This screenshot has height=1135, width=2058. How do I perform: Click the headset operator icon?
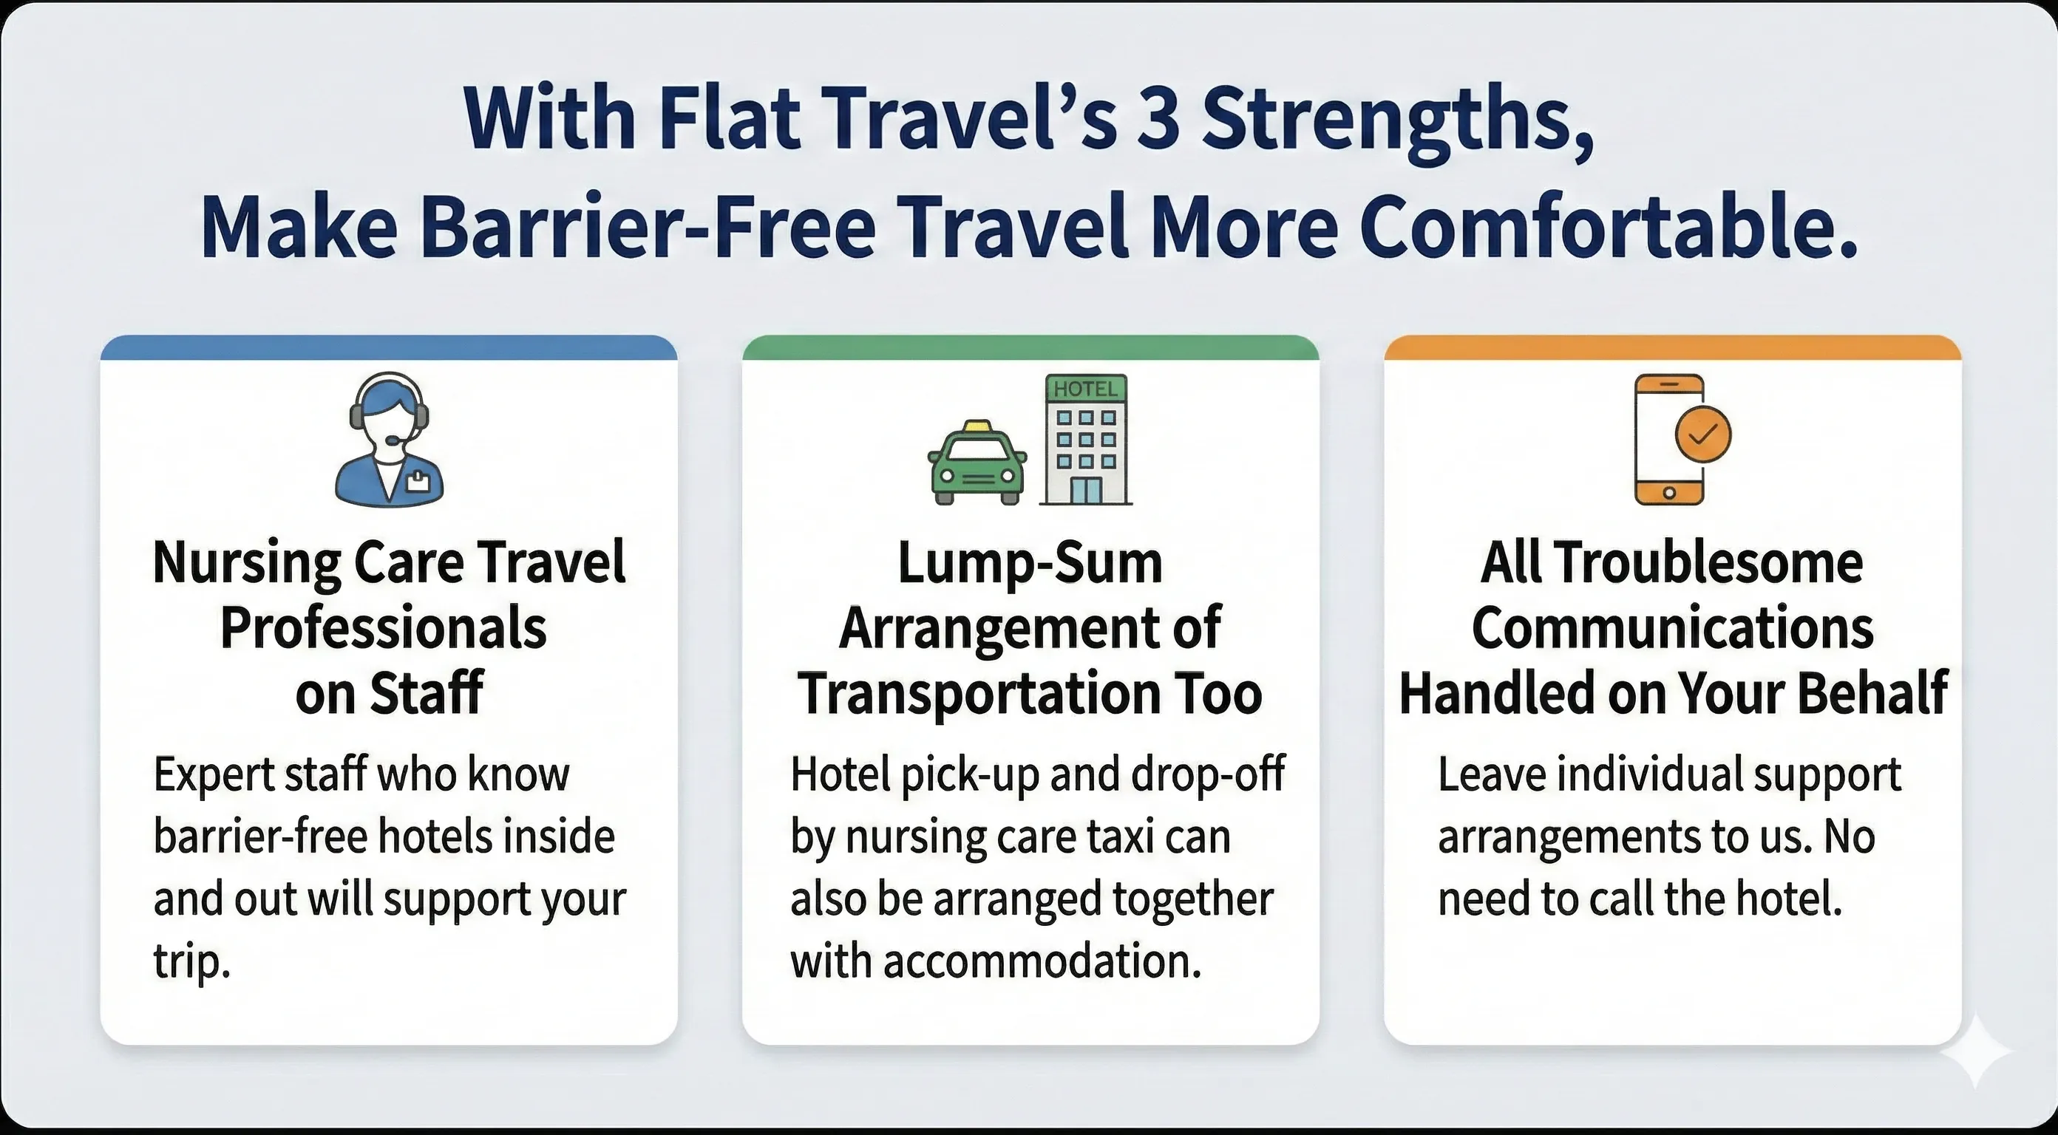tap(389, 440)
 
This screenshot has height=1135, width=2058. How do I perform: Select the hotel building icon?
tap(1086, 440)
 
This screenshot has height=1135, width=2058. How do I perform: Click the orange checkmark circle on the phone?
tap(1702, 434)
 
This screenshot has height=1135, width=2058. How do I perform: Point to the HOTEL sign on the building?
tap(1086, 389)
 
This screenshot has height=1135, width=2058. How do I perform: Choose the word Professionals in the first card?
tap(384, 629)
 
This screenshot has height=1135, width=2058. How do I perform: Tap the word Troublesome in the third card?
tap(1708, 563)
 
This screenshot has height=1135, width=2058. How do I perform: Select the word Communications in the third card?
tap(1672, 629)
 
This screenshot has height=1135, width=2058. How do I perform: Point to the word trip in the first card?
tap(191, 961)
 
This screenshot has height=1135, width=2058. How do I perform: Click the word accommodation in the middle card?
tap(1042, 961)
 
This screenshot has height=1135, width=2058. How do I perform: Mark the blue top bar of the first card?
tap(389, 348)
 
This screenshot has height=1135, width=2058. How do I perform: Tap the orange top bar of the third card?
tap(1672, 348)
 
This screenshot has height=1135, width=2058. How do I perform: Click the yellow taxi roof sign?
tap(977, 426)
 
